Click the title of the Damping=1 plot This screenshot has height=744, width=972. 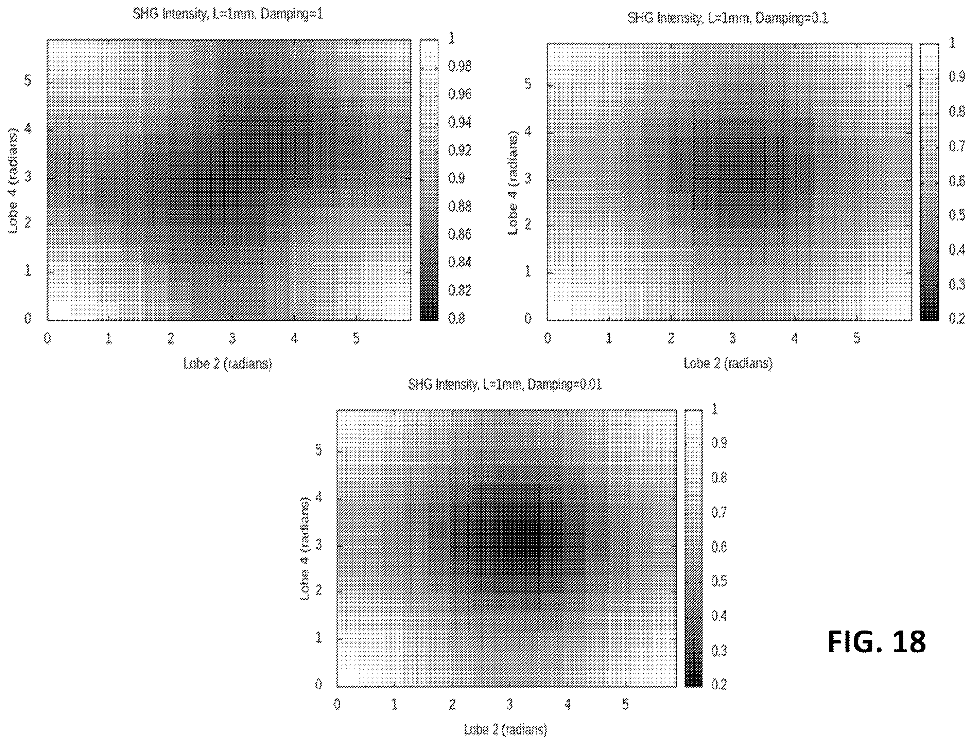tap(228, 14)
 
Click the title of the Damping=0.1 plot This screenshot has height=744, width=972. tap(727, 18)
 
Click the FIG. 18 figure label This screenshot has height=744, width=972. tap(876, 642)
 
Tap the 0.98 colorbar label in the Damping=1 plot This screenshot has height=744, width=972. tap(459, 66)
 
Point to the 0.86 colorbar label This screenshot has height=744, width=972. tap(459, 234)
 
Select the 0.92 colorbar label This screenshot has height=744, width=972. tap(459, 150)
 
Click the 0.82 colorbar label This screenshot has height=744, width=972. tap(459, 290)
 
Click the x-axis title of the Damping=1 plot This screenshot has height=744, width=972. tap(228, 364)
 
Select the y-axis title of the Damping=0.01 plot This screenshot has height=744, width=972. tap(305, 549)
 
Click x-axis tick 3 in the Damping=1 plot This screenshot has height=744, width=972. tap(232, 339)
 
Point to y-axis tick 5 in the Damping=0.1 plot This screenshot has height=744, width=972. tap(528, 84)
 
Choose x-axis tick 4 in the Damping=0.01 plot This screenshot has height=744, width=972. tap(568, 704)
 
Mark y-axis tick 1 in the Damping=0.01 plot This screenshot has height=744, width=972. tap(318, 637)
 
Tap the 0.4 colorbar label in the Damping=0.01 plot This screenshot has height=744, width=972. tap(718, 616)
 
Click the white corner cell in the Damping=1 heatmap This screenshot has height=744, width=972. tap(59, 309)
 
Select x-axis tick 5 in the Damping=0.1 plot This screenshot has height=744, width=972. tap(856, 339)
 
